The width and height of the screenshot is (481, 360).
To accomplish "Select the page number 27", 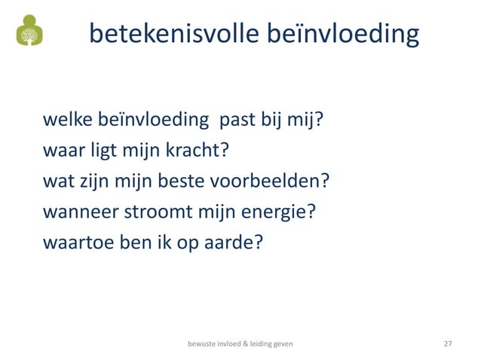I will (448, 343).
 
